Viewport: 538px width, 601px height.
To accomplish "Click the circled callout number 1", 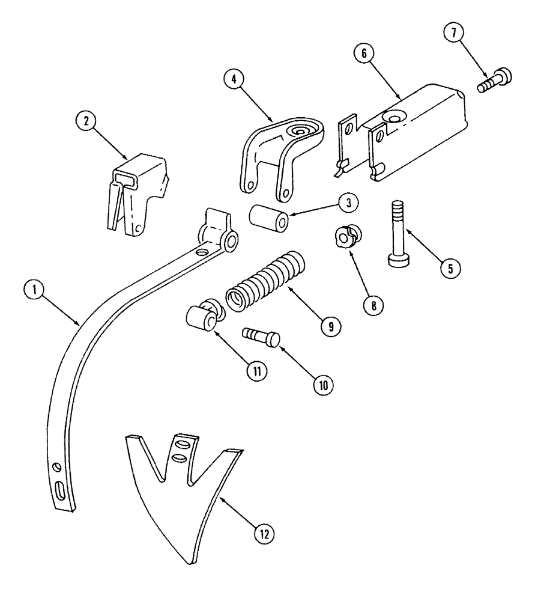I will pos(37,289).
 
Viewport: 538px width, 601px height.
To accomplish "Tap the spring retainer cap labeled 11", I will pos(202,317).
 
